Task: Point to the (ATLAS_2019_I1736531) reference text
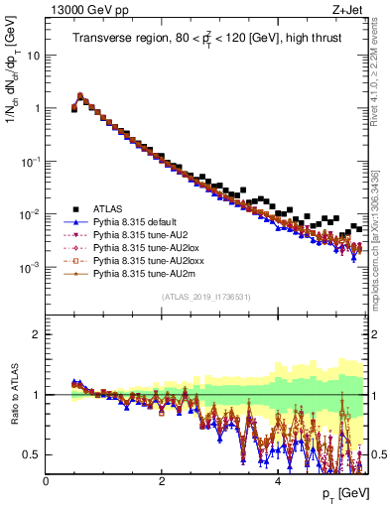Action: (x=205, y=297)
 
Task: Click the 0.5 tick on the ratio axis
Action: (x=33, y=454)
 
